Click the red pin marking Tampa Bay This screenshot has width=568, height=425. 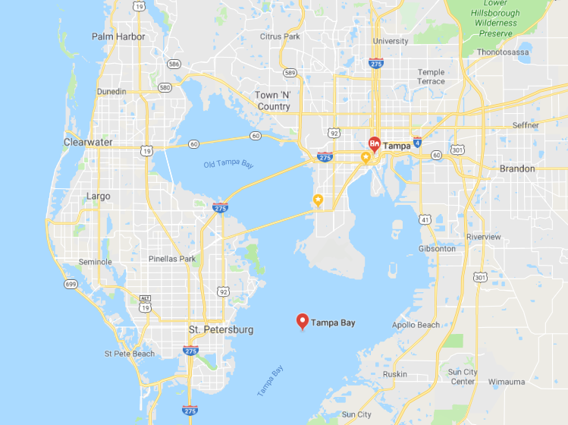pyautogui.click(x=302, y=323)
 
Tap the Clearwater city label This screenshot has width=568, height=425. pyautogui.click(x=88, y=142)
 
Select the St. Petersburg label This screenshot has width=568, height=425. pyautogui.click(x=221, y=330)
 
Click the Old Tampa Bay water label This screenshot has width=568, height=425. pyautogui.click(x=228, y=164)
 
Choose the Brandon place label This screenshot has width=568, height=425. pyautogui.click(x=516, y=168)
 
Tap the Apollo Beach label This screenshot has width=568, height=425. pyautogui.click(x=416, y=325)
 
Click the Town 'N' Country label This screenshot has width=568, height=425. pyautogui.click(x=273, y=101)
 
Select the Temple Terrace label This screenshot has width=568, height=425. pyautogui.click(x=431, y=77)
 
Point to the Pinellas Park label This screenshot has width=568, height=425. pyautogui.click(x=172, y=259)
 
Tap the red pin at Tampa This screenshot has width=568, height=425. pyautogui.click(x=374, y=143)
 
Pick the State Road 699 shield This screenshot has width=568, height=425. pyautogui.click(x=71, y=285)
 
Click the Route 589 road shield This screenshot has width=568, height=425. pyautogui.click(x=290, y=73)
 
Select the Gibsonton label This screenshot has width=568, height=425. pyautogui.click(x=437, y=249)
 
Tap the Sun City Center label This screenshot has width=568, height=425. pyautogui.click(x=462, y=376)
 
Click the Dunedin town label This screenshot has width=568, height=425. pyautogui.click(x=111, y=92)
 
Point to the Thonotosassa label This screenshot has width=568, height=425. pyautogui.click(x=503, y=52)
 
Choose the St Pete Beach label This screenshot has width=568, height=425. pyautogui.click(x=130, y=354)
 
